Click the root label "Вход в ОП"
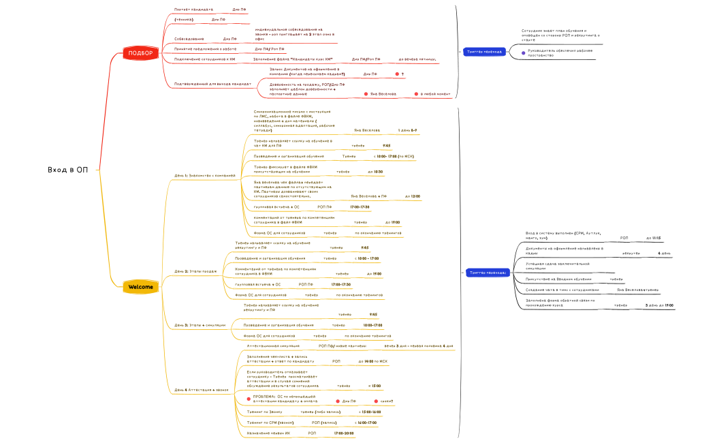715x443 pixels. tap(68, 169)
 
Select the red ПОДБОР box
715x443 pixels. tap(140, 52)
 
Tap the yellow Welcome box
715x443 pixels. tap(140, 287)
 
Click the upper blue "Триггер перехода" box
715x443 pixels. tap(483, 51)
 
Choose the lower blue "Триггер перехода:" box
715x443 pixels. tap(488, 273)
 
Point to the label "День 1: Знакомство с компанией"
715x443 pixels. tap(205, 175)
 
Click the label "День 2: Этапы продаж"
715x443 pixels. tap(196, 271)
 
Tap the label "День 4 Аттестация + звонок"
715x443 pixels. tap(202, 390)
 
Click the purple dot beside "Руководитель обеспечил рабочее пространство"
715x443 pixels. tap(523, 52)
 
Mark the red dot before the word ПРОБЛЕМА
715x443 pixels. tap(249, 398)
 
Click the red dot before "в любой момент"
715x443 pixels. tap(416, 93)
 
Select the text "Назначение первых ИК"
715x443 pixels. tap(268, 433)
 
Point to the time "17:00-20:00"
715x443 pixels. tap(345, 433)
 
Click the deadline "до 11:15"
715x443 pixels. tap(653, 238)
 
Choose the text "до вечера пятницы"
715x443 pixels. tap(417, 60)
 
